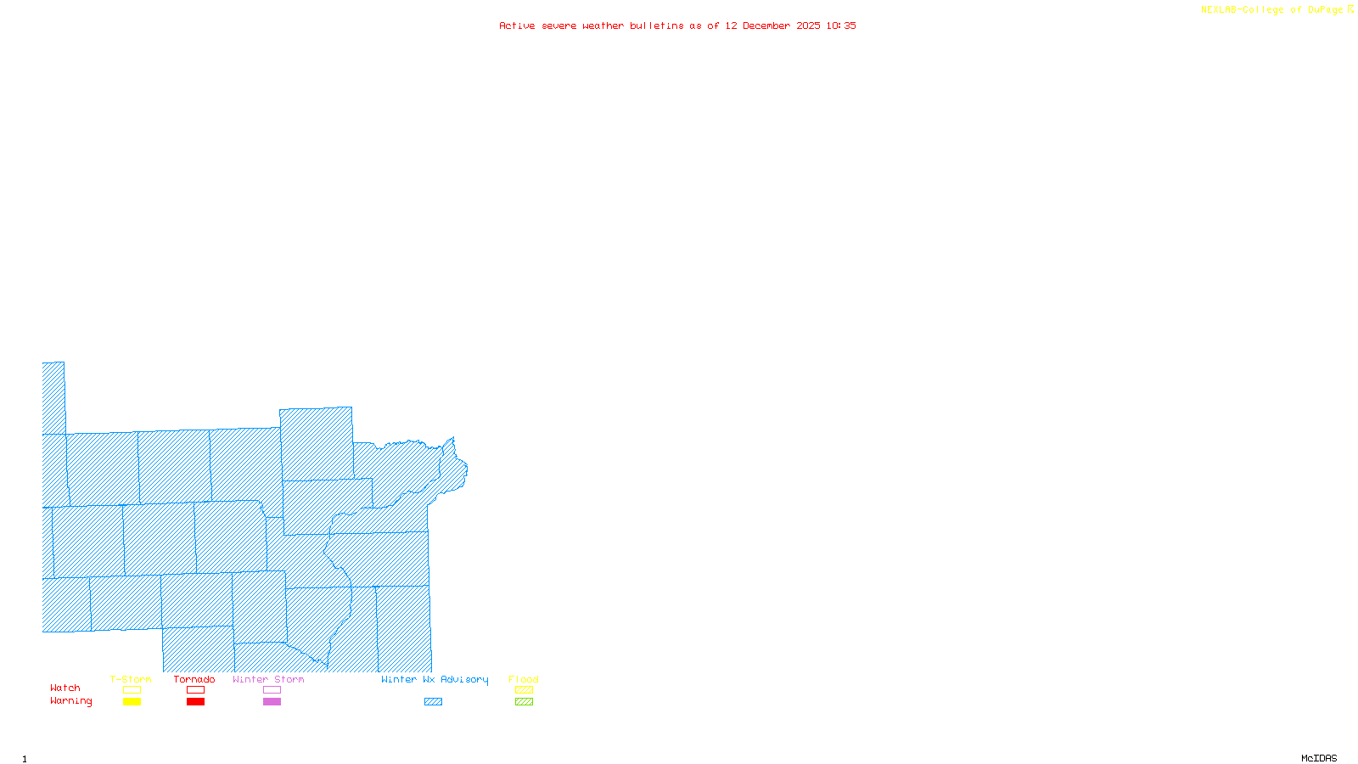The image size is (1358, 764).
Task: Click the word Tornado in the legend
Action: [x=194, y=679]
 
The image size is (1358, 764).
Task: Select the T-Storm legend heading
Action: [x=131, y=679]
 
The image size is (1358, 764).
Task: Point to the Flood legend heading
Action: [x=524, y=679]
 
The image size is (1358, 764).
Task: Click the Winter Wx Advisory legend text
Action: [x=435, y=679]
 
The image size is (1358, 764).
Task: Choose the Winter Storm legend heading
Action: [x=268, y=679]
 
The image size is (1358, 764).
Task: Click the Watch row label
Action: [x=65, y=688]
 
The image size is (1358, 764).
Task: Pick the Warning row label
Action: [x=71, y=701]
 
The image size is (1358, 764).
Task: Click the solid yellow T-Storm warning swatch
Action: [x=132, y=702]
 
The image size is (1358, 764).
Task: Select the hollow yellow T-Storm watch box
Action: [x=132, y=690]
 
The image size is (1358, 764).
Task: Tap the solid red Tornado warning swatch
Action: [x=195, y=702]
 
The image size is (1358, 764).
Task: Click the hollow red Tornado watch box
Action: [x=195, y=690]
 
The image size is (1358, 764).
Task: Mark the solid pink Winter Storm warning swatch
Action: [x=272, y=702]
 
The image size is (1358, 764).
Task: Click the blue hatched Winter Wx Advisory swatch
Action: [x=433, y=702]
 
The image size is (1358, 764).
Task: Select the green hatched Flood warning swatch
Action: [x=524, y=702]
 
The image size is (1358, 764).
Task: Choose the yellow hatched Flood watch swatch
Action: [x=524, y=690]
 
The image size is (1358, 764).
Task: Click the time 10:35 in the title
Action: [x=841, y=25]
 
